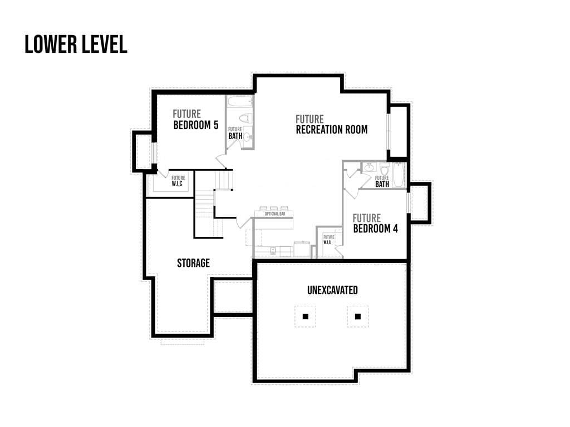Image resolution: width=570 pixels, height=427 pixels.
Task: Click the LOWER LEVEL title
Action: [76, 44]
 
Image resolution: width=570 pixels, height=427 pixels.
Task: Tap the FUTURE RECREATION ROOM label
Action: [332, 125]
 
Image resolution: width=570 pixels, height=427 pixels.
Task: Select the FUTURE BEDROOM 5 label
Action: [195, 120]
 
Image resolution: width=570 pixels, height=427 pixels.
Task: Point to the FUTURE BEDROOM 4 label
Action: [375, 224]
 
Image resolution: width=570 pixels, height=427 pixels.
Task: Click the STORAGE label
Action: [193, 263]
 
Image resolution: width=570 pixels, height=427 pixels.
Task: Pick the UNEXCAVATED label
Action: [332, 290]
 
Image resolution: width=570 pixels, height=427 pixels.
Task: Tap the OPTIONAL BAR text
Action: [275, 214]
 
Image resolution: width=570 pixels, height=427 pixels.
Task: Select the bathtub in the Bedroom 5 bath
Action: [239, 102]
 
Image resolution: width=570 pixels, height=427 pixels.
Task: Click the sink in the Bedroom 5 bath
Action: [248, 137]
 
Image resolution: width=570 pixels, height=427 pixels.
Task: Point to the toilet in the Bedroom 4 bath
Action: [384, 168]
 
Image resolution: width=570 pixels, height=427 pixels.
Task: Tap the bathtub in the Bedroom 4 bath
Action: [399, 175]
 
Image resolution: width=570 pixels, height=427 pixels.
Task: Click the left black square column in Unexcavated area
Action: [306, 316]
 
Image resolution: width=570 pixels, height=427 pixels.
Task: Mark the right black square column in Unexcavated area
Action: [358, 316]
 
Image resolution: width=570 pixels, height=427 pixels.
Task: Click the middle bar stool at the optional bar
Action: [274, 208]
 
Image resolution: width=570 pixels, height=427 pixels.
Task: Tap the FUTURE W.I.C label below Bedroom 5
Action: [178, 181]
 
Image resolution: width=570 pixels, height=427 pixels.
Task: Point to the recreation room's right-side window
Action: [388, 131]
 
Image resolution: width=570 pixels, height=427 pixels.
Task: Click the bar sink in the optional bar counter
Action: [273, 251]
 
